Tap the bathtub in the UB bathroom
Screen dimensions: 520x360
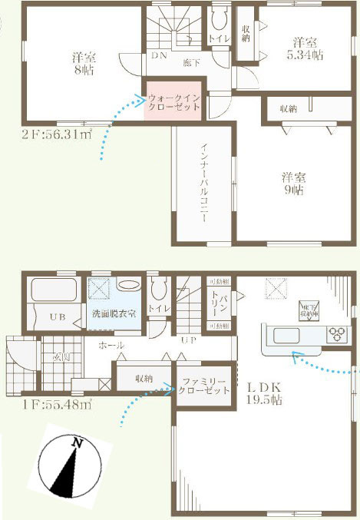[53, 292]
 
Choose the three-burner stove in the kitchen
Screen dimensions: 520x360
[337, 335]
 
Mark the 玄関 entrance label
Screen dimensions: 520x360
[61, 356]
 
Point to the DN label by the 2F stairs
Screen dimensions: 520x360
[159, 55]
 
